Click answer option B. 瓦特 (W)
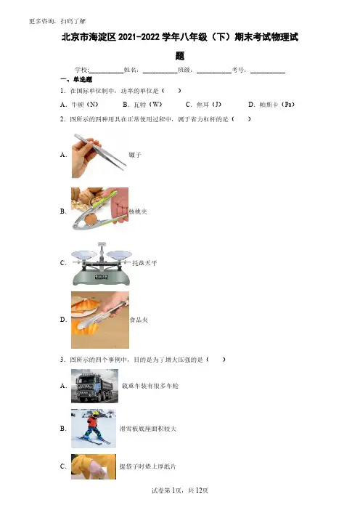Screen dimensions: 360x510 pyautogui.click(x=142, y=105)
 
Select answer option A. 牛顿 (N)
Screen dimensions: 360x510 pyautogui.click(x=79, y=105)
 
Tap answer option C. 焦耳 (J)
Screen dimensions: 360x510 pyautogui.click(x=203, y=105)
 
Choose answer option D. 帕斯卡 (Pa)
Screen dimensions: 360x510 pyautogui.click(x=271, y=105)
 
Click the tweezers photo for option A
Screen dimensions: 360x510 pyautogui.click(x=99, y=155)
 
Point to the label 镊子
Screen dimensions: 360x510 pyautogui.click(x=135, y=155)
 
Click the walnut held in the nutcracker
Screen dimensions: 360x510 pyautogui.click(x=91, y=219)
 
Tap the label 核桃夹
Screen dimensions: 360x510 pyautogui.click(x=138, y=211)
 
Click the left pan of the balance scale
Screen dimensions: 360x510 pyautogui.click(x=83, y=254)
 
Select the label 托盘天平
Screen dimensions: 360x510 pyautogui.click(x=144, y=263)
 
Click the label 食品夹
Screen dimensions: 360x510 pyautogui.click(x=139, y=320)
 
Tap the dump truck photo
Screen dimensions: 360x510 pyautogui.click(x=94, y=386)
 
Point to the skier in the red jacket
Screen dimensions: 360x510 pyautogui.click(x=93, y=426)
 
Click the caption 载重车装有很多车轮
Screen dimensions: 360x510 pyautogui.click(x=150, y=386)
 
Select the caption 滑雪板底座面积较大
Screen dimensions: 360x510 pyautogui.click(x=148, y=429)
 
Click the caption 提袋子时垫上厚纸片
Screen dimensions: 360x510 pyautogui.click(x=148, y=466)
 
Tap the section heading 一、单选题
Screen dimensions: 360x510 pyautogui.click(x=76, y=79)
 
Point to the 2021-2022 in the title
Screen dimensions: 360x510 pyautogui.click(x=139, y=37)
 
